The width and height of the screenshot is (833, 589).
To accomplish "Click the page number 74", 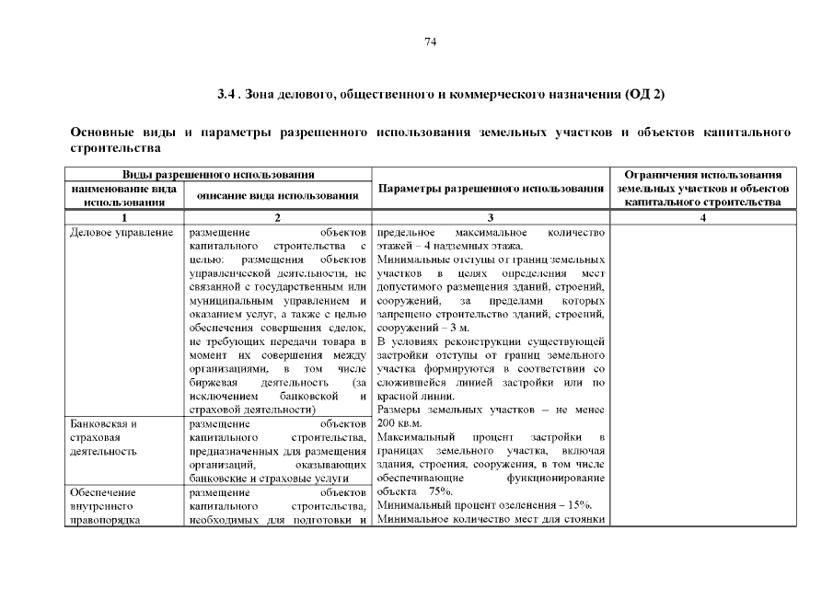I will click(x=430, y=42).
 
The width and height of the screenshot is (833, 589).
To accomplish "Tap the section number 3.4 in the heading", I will click(x=227, y=95).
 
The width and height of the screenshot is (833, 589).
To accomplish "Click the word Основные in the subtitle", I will click(x=102, y=133).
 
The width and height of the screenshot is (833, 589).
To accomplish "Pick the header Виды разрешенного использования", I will click(x=218, y=175).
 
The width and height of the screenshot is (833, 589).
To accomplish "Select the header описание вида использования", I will click(x=278, y=195).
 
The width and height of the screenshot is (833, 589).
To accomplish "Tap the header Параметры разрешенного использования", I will click(x=491, y=189).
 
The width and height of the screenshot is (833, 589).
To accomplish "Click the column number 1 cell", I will click(x=124, y=217).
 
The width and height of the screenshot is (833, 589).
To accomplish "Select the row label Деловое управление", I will click(x=121, y=233).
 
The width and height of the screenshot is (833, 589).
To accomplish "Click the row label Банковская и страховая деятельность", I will click(x=104, y=437).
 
